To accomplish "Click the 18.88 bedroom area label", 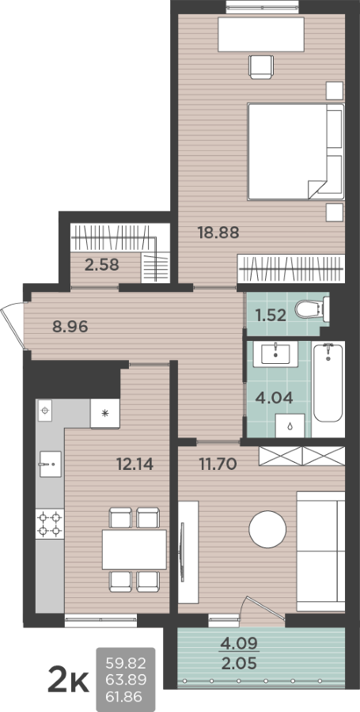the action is click(x=218, y=233).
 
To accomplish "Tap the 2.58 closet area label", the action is click(x=102, y=265).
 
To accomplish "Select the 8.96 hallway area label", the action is click(x=70, y=327).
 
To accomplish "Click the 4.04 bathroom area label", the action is click(x=274, y=398).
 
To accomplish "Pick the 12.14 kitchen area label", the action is click(x=135, y=464).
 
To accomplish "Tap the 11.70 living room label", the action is click(x=218, y=464).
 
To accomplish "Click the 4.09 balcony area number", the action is click(x=239, y=643).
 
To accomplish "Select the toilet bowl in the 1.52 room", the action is click(x=312, y=309).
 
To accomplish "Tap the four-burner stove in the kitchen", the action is click(x=50, y=524).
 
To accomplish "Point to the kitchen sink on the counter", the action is click(x=51, y=464).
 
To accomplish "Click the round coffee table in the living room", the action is click(x=267, y=529).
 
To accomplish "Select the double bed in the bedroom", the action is click(x=296, y=152).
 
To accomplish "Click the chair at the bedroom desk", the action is click(x=261, y=67).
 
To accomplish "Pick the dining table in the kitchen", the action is click(x=135, y=550).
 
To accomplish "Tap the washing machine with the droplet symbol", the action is click(x=290, y=426).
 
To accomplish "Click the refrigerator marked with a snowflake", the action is click(x=105, y=413).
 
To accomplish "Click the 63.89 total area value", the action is click(x=126, y=680).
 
